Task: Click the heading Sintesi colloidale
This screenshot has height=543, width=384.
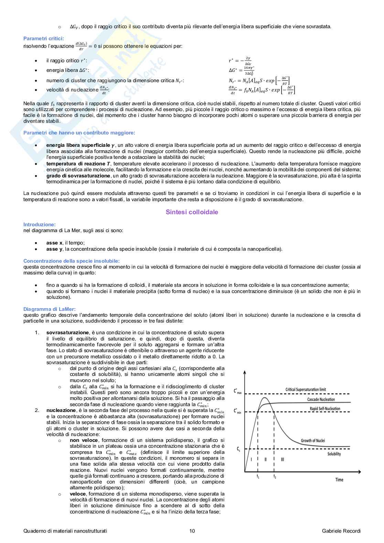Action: (x=192, y=212)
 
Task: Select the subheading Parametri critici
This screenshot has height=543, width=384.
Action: (x=43, y=39)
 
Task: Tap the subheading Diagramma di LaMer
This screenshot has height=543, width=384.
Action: (x=50, y=309)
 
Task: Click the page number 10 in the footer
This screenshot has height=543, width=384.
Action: (x=192, y=531)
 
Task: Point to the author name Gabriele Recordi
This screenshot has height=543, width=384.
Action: (x=341, y=531)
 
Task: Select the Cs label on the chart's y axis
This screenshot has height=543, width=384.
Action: (x=238, y=449)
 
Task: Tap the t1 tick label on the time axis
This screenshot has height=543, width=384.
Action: (x=258, y=477)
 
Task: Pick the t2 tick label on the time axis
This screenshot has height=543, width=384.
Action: (x=274, y=477)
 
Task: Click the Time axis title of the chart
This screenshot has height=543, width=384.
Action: (x=339, y=479)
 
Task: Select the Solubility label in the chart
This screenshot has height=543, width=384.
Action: (x=334, y=454)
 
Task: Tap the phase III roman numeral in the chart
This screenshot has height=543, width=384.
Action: (x=282, y=459)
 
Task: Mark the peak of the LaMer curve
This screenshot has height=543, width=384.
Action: (x=265, y=398)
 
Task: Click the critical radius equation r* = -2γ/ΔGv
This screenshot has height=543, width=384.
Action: (x=240, y=61)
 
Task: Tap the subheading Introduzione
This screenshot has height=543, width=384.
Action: (x=39, y=225)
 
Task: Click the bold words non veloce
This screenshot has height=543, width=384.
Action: (x=84, y=440)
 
